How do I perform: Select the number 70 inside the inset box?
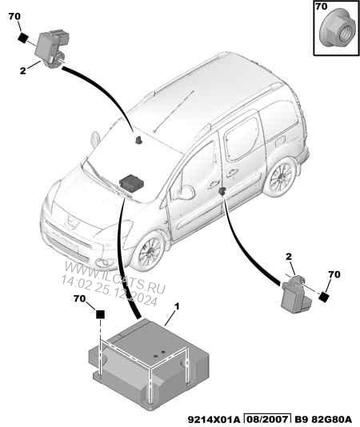click(x=322, y=6)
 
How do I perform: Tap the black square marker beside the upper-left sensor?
click(x=23, y=38)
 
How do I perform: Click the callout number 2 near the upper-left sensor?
click(x=23, y=70)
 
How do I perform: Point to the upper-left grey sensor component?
click(x=52, y=48)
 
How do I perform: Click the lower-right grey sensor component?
click(x=297, y=295)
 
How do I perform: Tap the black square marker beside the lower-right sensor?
click(x=323, y=297)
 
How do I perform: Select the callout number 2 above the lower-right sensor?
click(x=289, y=256)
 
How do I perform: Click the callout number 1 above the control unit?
click(x=177, y=306)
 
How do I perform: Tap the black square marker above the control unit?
click(x=100, y=314)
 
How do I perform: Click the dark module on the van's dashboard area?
click(x=132, y=182)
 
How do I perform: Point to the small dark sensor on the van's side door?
click(x=222, y=191)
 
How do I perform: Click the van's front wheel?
click(x=150, y=251)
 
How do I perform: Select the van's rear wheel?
click(x=281, y=176)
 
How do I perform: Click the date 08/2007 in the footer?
click(x=266, y=419)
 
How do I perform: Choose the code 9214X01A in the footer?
click(x=214, y=419)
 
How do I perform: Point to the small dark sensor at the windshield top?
click(x=139, y=140)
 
